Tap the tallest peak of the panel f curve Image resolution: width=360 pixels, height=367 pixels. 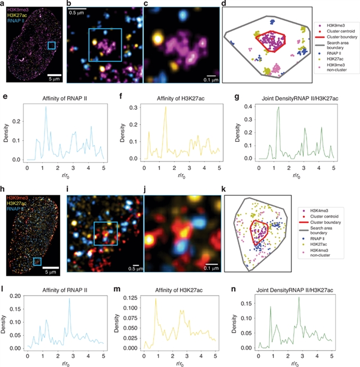[165, 107]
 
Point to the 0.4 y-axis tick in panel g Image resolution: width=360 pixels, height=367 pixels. [249, 106]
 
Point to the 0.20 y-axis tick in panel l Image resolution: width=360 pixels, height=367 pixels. [17, 295]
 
